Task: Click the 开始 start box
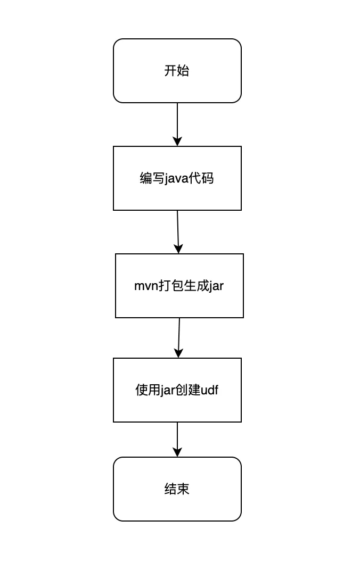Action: pos(177,71)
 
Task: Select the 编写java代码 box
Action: pos(177,178)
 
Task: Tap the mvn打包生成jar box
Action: pos(179,286)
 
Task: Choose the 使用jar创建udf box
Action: pos(177,390)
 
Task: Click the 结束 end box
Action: pos(177,489)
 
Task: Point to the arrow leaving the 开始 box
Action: pos(177,125)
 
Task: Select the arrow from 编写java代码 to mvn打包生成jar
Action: pos(178,232)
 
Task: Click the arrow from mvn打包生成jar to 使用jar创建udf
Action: pos(179,337)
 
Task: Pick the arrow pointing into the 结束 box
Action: pos(177,440)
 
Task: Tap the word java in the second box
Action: pos(176,178)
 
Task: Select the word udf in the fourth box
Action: pos(209,390)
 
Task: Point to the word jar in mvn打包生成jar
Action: pos(216,286)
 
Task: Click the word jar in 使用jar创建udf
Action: pos(167,390)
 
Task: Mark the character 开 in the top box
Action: pos(170,71)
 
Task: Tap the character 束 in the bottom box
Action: pos(183,489)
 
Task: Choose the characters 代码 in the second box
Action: pos(201,178)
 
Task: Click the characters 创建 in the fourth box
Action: pos(188,390)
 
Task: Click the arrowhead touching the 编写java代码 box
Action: pos(177,141)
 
